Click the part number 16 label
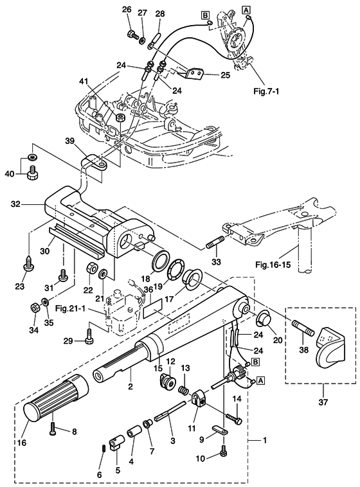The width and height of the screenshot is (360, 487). [22, 442]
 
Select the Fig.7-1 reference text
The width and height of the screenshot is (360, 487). [266, 91]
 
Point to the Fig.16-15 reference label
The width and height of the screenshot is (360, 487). [273, 265]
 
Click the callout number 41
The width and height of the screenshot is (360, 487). [84, 82]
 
